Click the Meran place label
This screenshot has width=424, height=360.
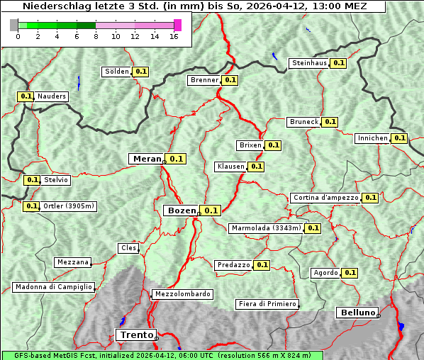[x=147, y=159]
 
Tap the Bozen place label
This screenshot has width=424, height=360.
[x=182, y=210]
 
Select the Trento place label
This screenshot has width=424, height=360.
[x=135, y=334]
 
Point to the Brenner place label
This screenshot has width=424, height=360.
[x=205, y=80]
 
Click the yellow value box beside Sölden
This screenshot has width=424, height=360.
[x=141, y=72]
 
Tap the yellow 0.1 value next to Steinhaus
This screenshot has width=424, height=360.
[x=339, y=63]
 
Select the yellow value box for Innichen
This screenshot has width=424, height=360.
[x=399, y=138]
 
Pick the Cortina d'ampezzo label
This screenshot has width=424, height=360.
[x=325, y=198]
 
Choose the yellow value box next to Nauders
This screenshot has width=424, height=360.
[x=26, y=96]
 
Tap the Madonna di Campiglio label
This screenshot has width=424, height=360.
[x=53, y=287]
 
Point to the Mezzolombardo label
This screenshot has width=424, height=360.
[x=182, y=294]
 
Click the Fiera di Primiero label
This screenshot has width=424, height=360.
[x=267, y=304]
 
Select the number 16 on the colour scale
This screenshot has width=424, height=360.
[x=174, y=37]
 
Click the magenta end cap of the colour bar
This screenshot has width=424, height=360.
[x=177, y=25]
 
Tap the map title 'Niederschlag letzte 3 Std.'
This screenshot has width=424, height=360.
[x=85, y=6]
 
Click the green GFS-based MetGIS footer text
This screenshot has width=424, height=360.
[x=162, y=355]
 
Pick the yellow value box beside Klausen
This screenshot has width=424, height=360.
[x=256, y=167]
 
